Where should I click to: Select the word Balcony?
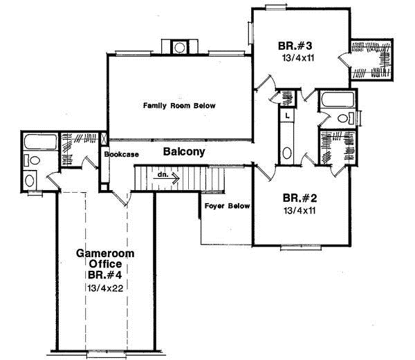pos(183,151)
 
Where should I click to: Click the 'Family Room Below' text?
pos(179,106)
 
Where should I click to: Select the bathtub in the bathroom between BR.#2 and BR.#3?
pos(337,102)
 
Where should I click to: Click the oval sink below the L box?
pos(287,153)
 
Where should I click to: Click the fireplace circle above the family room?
pos(180,47)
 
